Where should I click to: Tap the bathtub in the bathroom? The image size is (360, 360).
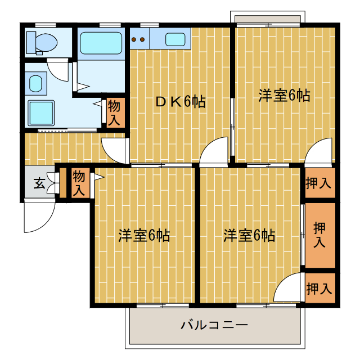101,43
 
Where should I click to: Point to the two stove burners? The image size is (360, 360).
138,39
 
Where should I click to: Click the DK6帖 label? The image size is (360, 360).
180,102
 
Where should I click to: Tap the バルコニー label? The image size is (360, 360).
214,325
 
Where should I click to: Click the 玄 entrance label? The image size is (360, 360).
39,183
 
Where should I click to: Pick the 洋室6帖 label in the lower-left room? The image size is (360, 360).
144,235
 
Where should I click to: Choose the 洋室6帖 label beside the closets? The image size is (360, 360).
249,235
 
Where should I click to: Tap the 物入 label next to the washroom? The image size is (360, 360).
114,112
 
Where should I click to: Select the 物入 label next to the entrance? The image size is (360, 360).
78,183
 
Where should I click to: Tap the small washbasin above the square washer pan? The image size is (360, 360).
35,84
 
